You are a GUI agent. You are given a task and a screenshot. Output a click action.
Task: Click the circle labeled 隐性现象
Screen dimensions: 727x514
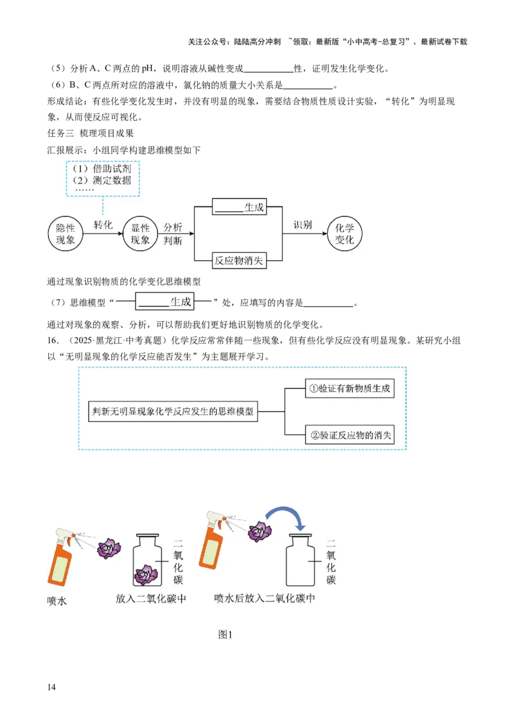pyautogui.click(x=65, y=234)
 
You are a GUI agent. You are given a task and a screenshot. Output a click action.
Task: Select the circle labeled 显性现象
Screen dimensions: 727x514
pyautogui.click(x=140, y=234)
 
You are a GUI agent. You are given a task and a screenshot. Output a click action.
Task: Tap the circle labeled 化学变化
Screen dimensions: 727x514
pyautogui.click(x=345, y=234)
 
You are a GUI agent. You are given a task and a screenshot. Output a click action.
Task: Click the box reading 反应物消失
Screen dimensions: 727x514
pyautogui.click(x=238, y=261)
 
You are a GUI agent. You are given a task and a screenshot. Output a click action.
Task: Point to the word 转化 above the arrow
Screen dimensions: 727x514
pyautogui.click(x=103, y=225)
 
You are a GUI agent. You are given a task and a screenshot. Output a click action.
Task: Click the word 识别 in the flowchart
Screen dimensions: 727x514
pyautogui.click(x=303, y=225)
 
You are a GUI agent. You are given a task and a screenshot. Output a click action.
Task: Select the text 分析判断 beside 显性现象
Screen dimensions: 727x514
pyautogui.click(x=173, y=234)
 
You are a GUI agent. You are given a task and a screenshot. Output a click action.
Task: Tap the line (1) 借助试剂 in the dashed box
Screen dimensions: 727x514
pyautogui.click(x=103, y=168)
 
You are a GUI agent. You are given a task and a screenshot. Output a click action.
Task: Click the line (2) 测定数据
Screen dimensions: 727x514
pyautogui.click(x=103, y=180)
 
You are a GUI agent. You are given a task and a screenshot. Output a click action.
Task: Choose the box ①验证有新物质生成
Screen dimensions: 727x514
pyautogui.click(x=349, y=389)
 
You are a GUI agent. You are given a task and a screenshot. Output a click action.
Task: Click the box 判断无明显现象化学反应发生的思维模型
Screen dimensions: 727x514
pyautogui.click(x=173, y=412)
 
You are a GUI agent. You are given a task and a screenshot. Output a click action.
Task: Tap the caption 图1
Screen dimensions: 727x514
pyautogui.click(x=224, y=635)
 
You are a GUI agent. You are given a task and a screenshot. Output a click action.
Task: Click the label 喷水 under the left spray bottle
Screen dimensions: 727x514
pyautogui.click(x=57, y=602)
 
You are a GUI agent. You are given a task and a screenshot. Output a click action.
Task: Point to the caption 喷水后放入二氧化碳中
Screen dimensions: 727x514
pyautogui.click(x=264, y=598)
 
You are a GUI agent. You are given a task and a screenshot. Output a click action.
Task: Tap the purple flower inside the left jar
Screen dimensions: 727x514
pyautogui.click(x=146, y=575)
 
